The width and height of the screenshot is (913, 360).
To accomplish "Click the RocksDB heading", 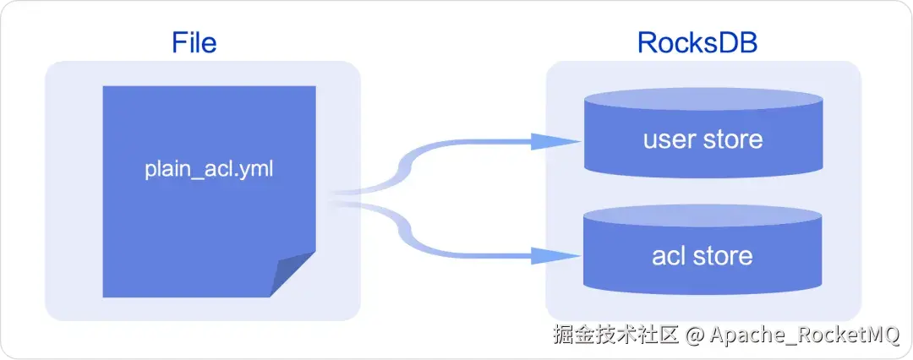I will tap(697, 41).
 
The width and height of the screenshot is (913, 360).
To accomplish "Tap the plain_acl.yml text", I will tap(209, 168).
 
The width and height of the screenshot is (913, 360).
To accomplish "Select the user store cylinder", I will tap(703, 139).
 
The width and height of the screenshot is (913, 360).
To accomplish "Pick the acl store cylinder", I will tap(703, 254).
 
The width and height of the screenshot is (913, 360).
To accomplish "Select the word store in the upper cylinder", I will tap(732, 139).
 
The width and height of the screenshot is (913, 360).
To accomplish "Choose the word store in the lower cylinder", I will tap(723, 254).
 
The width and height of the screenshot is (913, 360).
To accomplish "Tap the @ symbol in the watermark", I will tap(695, 335).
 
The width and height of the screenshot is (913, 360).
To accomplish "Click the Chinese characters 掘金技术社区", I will tap(616, 335).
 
